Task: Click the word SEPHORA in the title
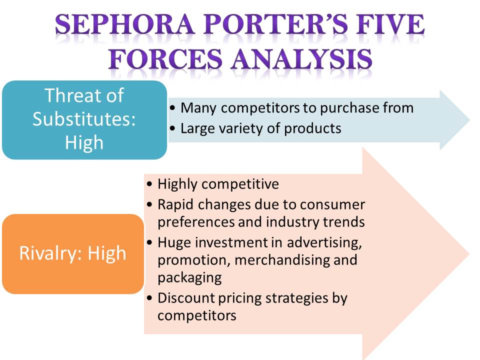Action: [125, 24]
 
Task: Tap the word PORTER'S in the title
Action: [276, 24]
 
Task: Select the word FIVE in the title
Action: [390, 24]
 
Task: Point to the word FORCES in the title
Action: [165, 58]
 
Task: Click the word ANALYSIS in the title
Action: [302, 58]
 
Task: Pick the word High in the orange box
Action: [107, 253]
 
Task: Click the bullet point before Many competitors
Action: [173, 108]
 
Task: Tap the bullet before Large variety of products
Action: [173, 128]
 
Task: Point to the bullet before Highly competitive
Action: [149, 184]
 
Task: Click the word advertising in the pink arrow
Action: [324, 243]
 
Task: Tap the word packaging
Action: [190, 278]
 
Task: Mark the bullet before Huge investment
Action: [149, 243]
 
